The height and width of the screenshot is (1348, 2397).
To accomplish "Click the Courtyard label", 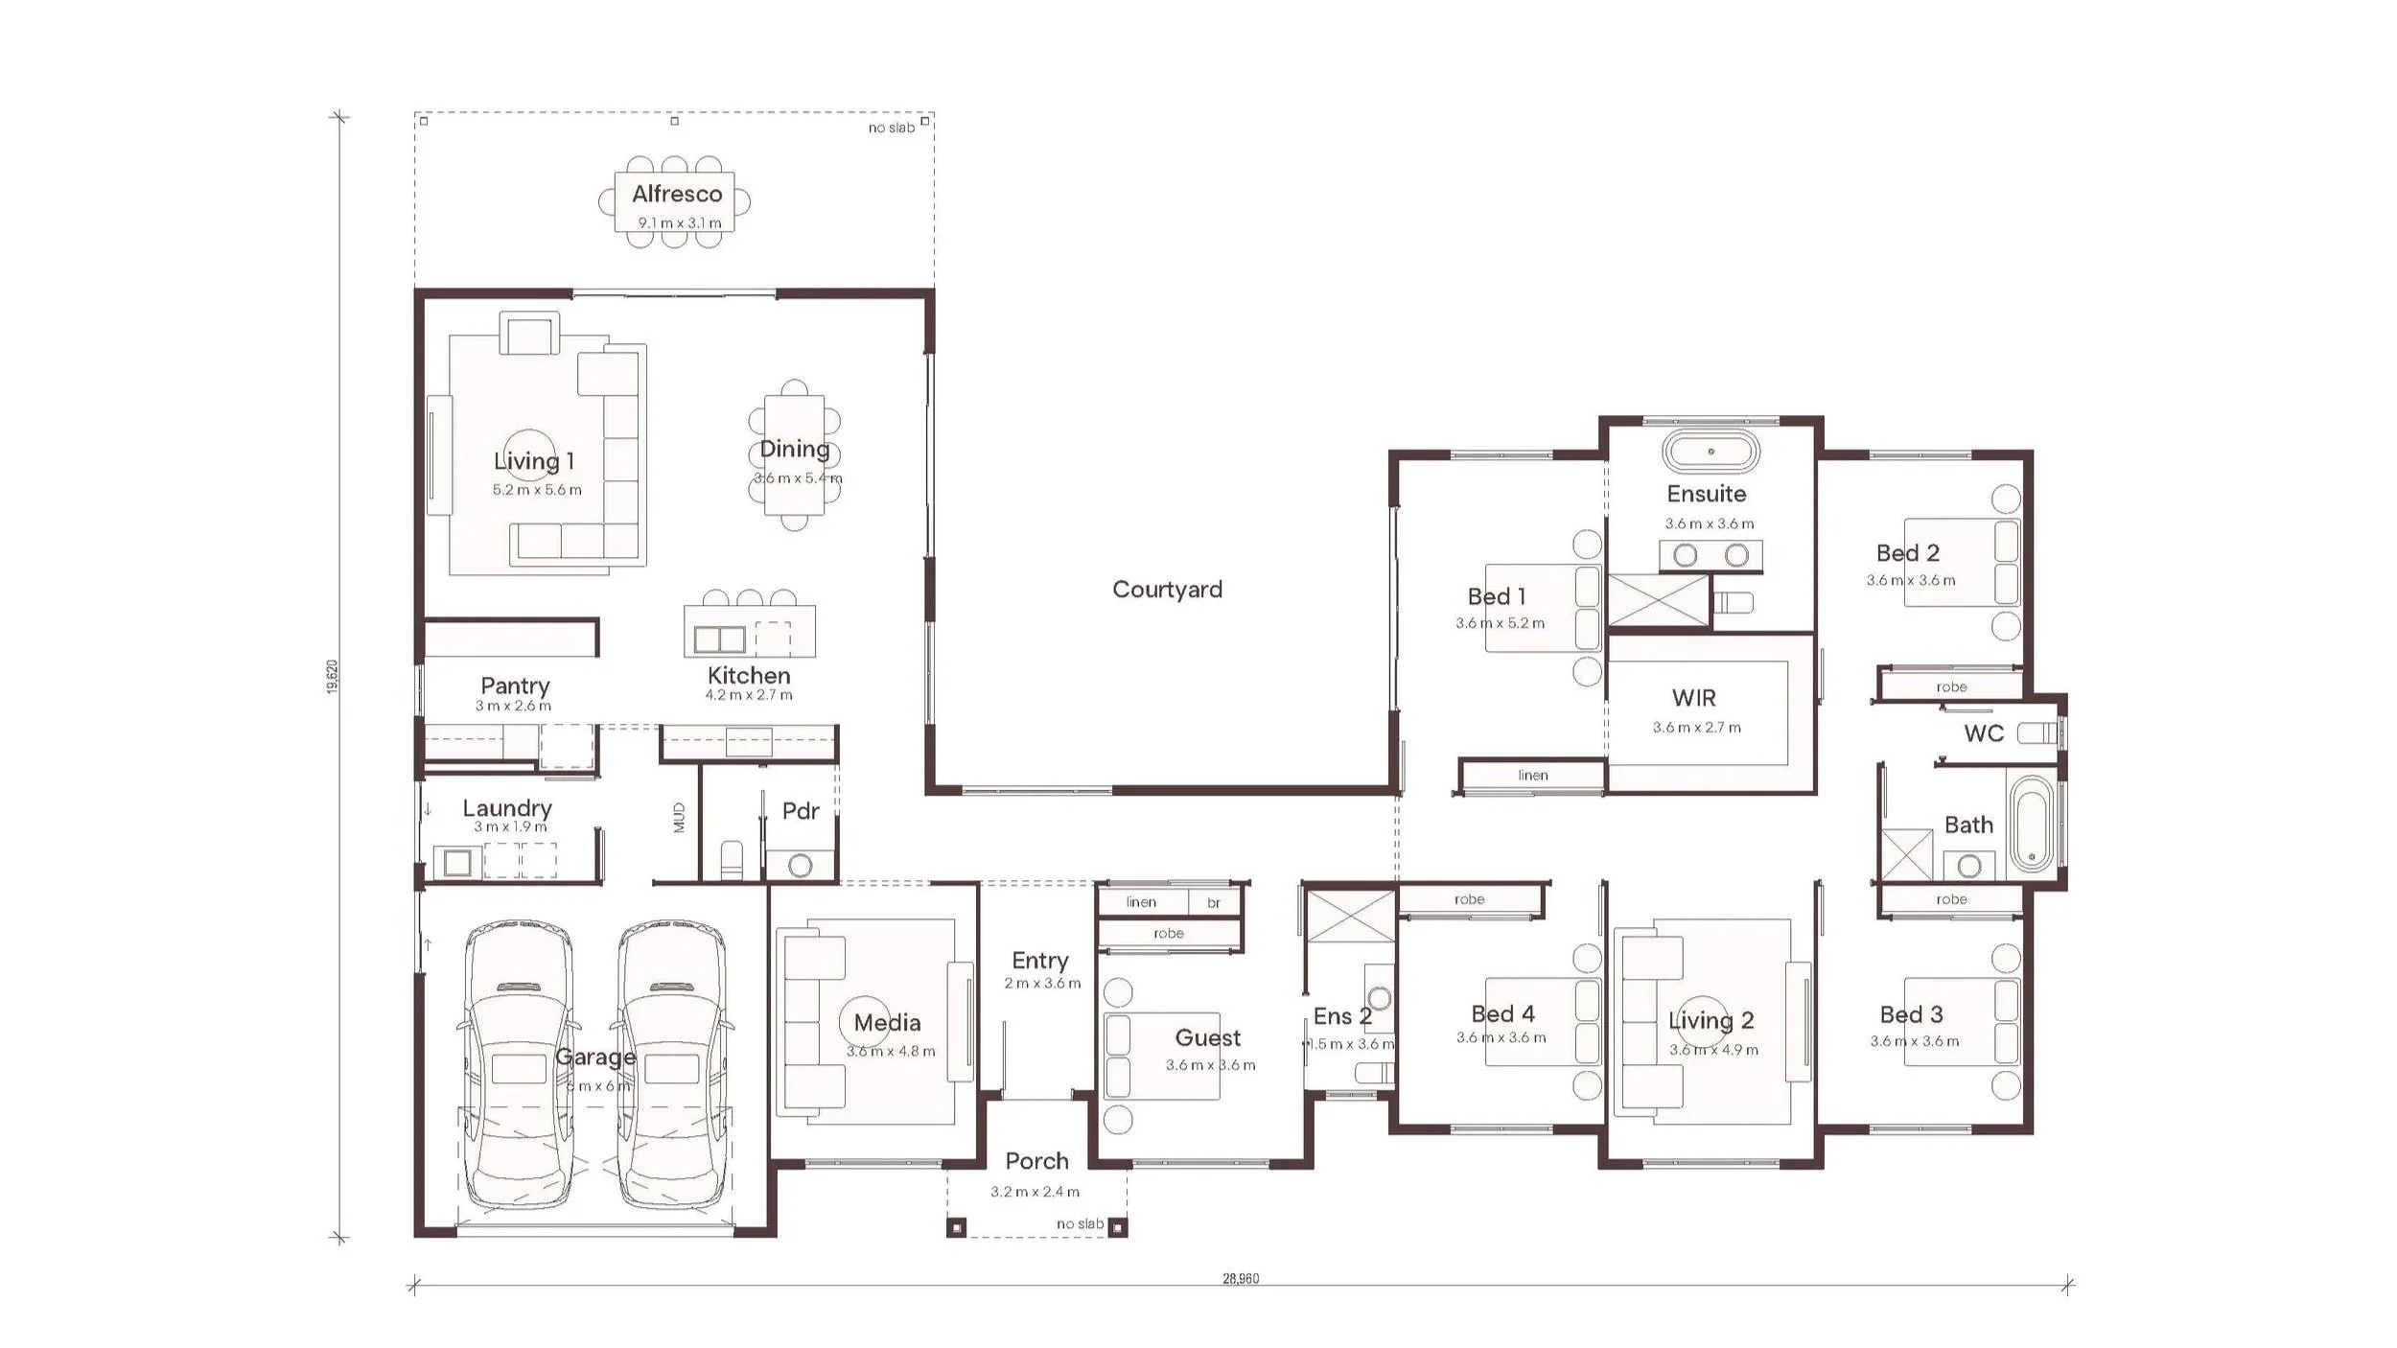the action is (1167, 590).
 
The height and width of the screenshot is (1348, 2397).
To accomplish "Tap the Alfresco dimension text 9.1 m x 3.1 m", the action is (680, 223).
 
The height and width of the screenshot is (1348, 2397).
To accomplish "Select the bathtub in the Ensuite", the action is (1710, 452).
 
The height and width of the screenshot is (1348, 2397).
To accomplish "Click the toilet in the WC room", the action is (2037, 734).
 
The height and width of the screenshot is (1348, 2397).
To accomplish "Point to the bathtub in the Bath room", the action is (2031, 824).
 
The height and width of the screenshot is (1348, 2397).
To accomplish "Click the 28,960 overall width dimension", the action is (1241, 1278).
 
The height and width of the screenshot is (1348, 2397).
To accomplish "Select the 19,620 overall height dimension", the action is (332, 676).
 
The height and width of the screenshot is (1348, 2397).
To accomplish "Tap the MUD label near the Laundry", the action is (679, 817).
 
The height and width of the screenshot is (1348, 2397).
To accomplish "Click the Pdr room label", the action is (801, 811).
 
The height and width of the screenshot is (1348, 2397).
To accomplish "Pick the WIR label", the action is (1693, 698).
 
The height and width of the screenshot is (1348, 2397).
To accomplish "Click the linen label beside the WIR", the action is (1533, 775).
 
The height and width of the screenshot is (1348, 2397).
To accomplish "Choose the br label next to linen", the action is (1214, 903).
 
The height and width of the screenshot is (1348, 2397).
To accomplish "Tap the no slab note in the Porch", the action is (1080, 1223).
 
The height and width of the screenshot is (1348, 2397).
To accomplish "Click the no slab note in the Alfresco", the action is (892, 128).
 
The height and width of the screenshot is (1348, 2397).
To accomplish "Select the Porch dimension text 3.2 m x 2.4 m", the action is (1036, 1192).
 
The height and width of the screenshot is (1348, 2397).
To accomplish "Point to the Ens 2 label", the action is (1342, 1015).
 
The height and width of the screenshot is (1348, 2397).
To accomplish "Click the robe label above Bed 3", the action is (1951, 899).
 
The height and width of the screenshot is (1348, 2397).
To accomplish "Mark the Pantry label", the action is (515, 686).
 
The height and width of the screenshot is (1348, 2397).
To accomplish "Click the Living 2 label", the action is (1710, 1021).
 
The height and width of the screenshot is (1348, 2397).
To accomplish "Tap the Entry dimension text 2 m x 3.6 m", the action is (1042, 983).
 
